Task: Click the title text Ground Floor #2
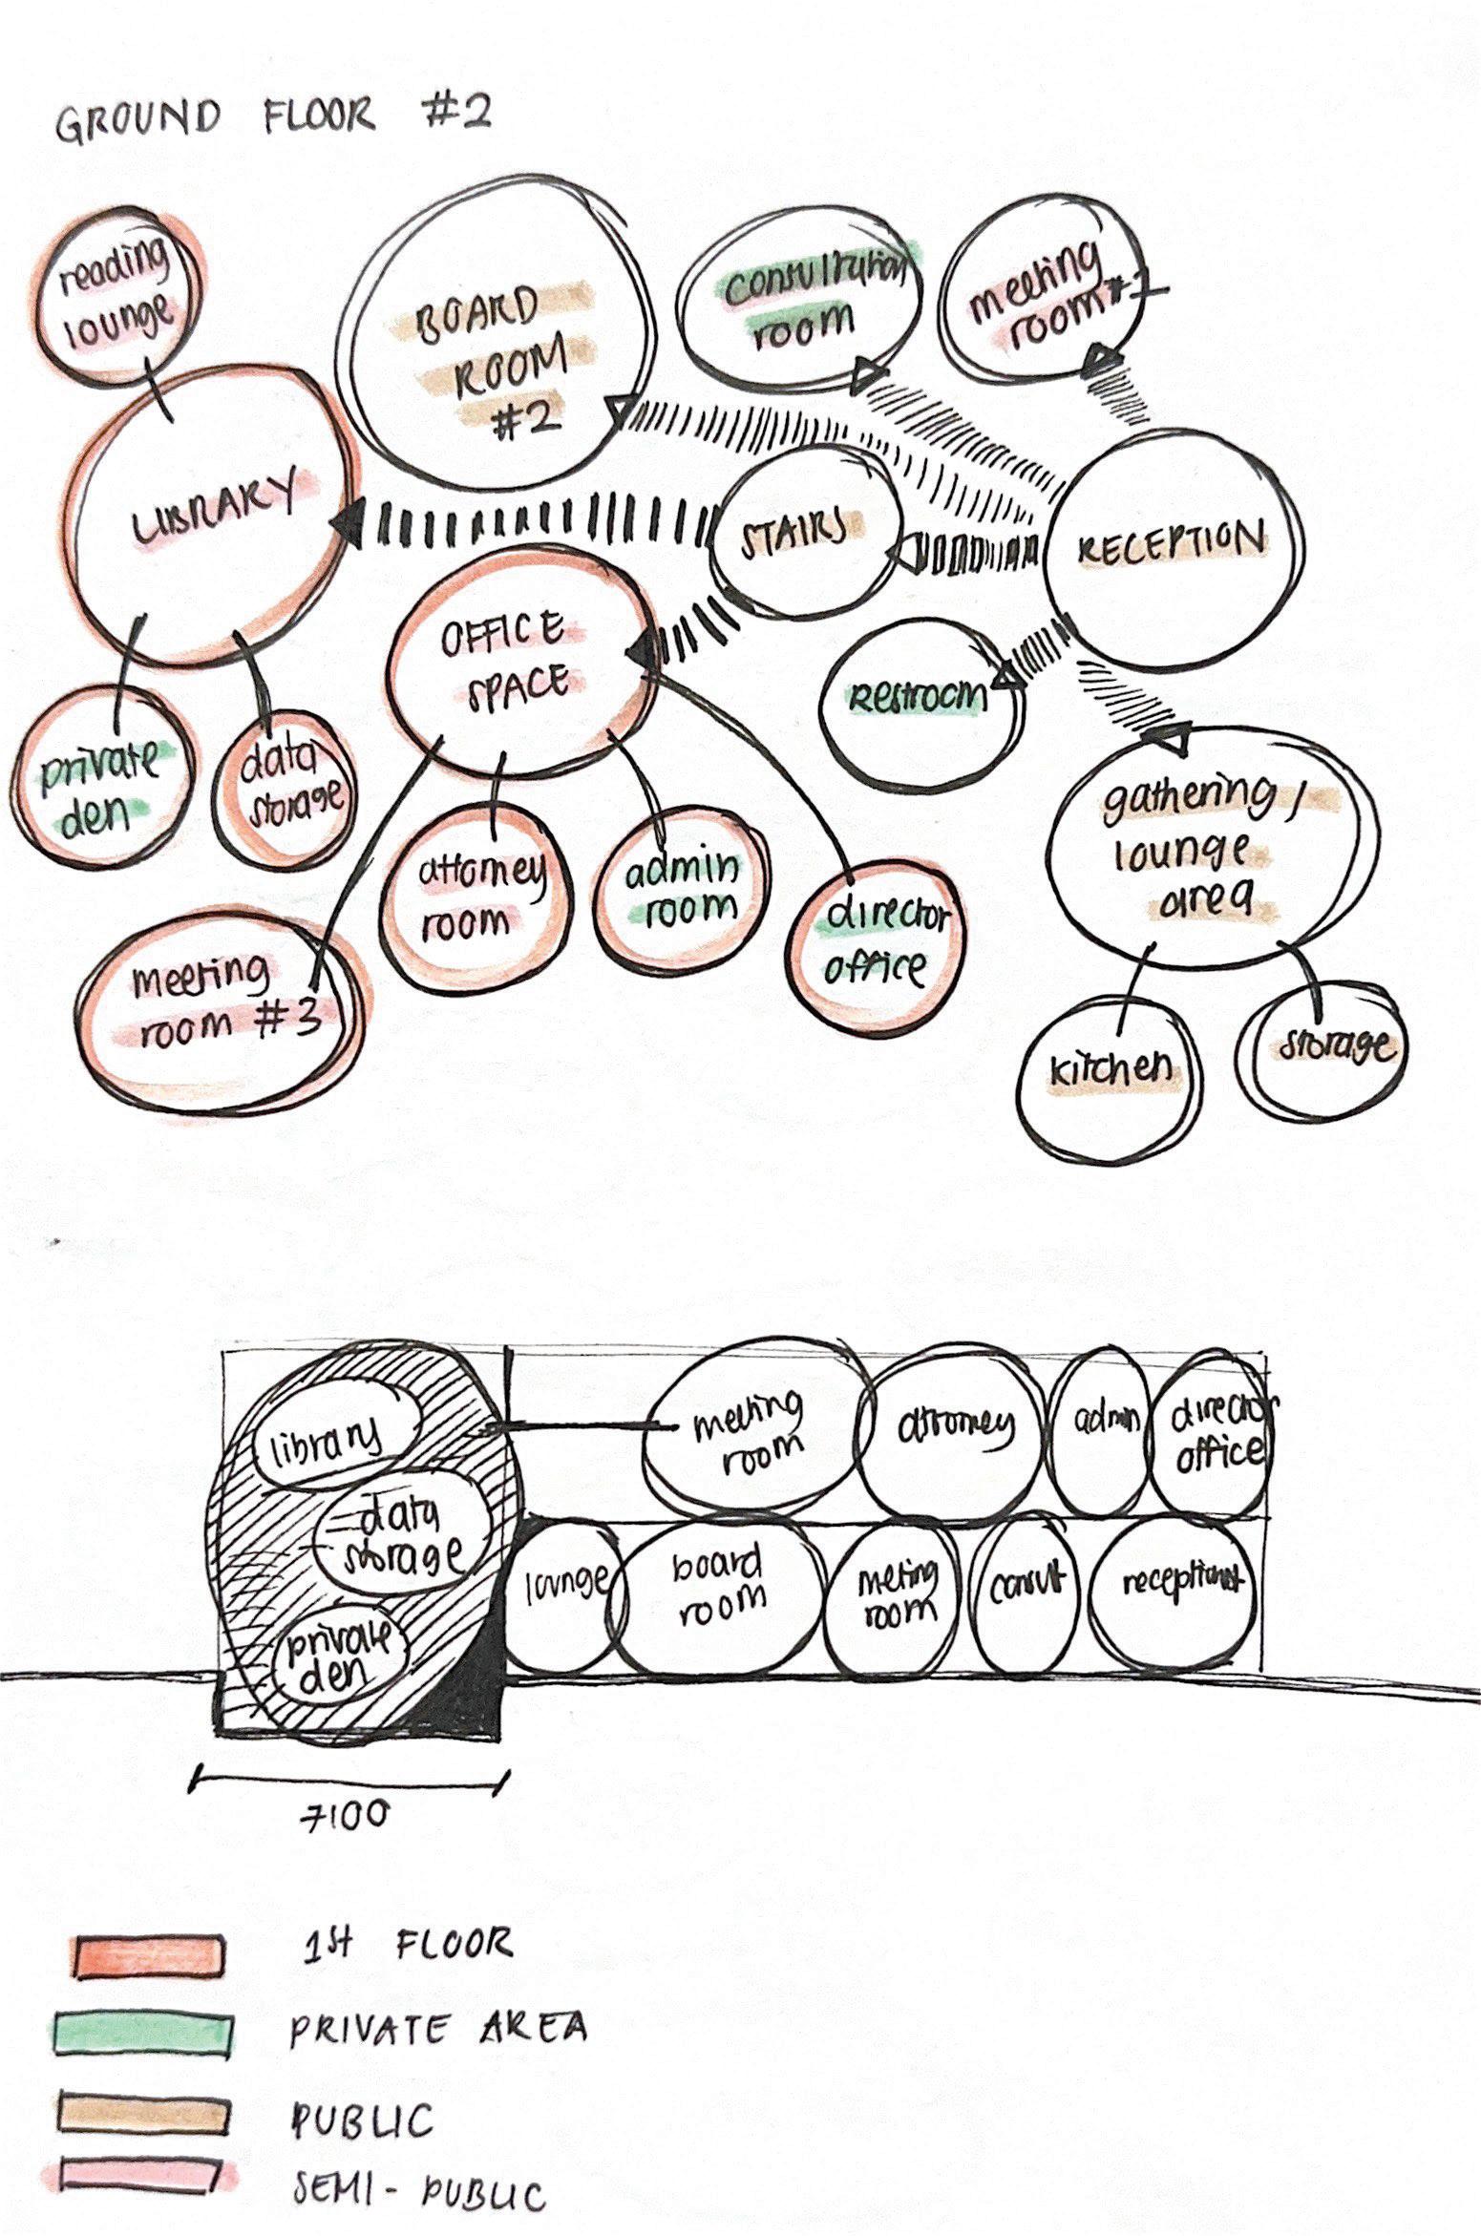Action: [x=272, y=117]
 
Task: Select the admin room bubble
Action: [x=682, y=889]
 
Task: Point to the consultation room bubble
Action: [x=800, y=304]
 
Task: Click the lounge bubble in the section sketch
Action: [x=566, y=1581]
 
